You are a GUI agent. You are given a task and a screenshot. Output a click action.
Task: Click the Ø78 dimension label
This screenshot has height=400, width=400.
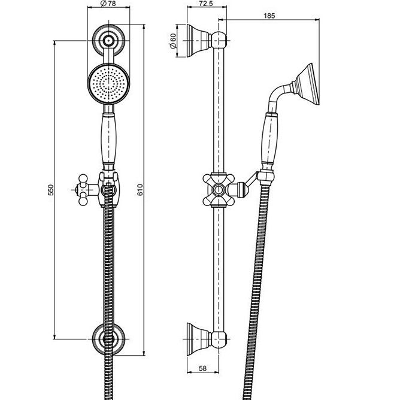[108, 4]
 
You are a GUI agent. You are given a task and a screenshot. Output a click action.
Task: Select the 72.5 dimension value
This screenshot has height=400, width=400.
[205, 4]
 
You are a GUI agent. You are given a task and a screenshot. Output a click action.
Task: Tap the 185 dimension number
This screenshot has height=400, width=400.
[269, 16]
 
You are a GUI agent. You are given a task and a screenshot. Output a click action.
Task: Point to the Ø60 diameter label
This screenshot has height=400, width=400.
[172, 41]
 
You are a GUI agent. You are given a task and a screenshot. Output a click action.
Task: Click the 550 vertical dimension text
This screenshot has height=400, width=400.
[51, 190]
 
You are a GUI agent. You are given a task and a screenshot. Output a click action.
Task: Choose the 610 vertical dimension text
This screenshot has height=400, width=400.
[140, 190]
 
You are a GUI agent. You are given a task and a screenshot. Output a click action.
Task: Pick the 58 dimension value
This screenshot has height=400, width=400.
[202, 368]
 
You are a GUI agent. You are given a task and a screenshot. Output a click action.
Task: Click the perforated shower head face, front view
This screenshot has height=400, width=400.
[108, 83]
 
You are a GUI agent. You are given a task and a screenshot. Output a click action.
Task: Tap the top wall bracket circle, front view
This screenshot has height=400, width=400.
[108, 41]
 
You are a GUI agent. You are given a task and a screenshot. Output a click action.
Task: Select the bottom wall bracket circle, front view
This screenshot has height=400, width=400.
[108, 339]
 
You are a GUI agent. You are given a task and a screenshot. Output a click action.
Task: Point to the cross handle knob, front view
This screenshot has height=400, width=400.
[83, 190]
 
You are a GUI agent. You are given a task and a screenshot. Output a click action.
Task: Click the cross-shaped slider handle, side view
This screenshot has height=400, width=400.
[219, 190]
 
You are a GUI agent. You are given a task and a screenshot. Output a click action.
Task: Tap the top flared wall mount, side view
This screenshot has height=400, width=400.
[198, 41]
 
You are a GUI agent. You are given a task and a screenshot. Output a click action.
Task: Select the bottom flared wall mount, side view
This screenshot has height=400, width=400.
[198, 339]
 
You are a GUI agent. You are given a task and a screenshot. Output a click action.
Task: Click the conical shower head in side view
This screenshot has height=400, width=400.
[306, 84]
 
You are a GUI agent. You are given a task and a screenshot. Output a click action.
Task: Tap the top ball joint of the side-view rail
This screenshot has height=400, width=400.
[219, 41]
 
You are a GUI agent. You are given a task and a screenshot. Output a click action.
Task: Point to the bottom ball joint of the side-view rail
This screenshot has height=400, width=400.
[219, 339]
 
